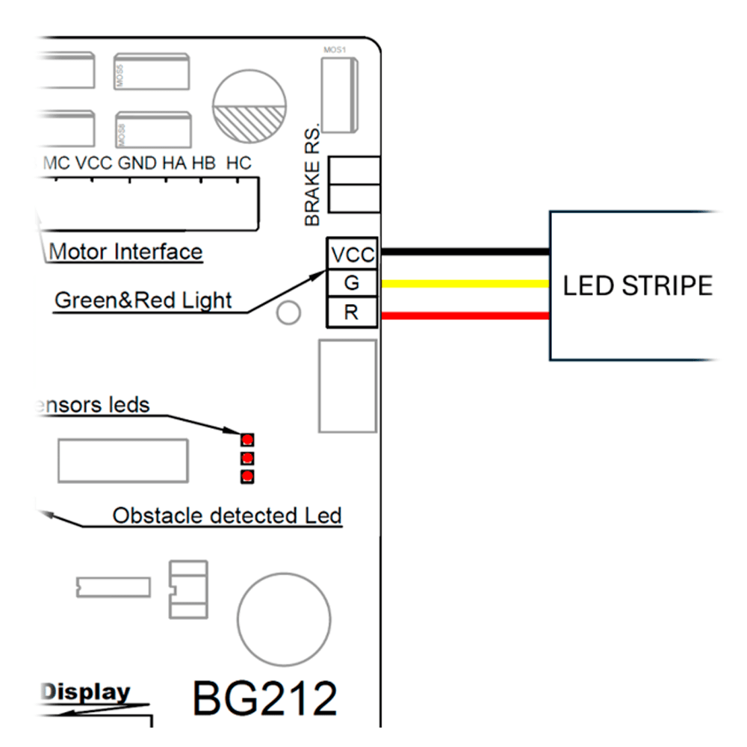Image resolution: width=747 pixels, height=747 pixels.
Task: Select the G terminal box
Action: coord(352,283)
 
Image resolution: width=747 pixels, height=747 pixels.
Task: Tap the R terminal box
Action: coord(352,312)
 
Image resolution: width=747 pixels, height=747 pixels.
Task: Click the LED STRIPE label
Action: coord(637,285)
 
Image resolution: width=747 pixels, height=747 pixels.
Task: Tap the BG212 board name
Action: coord(264,699)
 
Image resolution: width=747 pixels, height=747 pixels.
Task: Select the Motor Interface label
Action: coord(125,252)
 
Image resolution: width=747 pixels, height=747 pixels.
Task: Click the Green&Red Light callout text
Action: coord(143,300)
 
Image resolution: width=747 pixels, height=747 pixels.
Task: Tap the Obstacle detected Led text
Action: coord(227,515)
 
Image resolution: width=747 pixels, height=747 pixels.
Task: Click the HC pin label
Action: coord(238,164)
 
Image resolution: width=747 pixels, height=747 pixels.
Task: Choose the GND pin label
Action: coord(137,164)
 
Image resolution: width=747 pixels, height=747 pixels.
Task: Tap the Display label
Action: coord(85,692)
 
